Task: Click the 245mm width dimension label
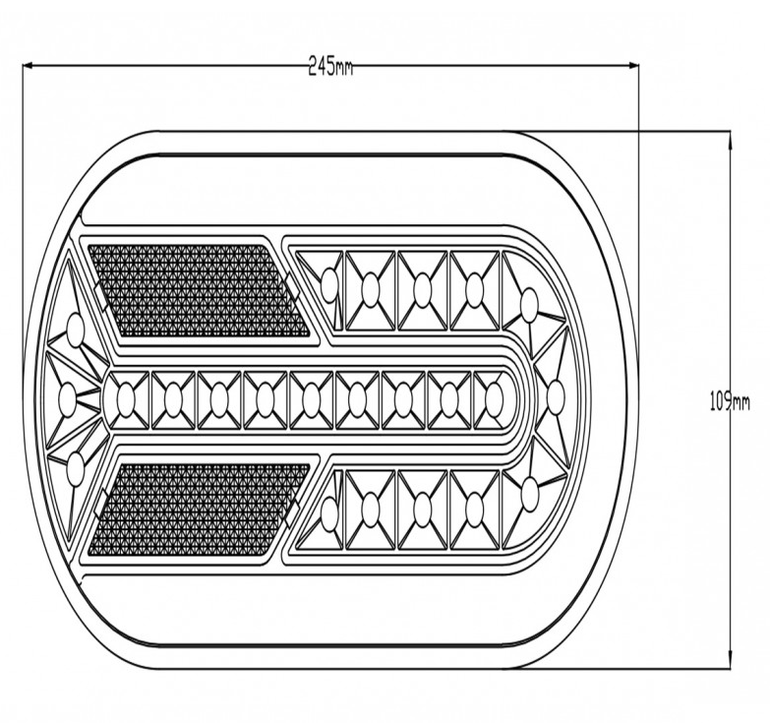click(x=330, y=66)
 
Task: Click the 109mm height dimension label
click(x=730, y=402)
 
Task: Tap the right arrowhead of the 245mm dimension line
click(x=633, y=65)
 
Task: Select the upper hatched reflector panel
click(x=199, y=290)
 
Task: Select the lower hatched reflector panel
click(x=199, y=509)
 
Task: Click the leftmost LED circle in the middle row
click(x=125, y=398)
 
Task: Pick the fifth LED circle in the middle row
click(x=311, y=398)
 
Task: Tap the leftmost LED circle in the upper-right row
click(x=330, y=284)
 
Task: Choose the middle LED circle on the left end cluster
click(x=67, y=395)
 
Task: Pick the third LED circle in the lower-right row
click(x=423, y=508)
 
